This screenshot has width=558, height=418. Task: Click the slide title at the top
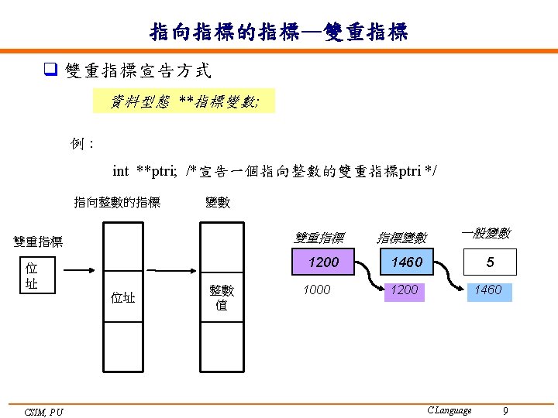pyautogui.click(x=279, y=32)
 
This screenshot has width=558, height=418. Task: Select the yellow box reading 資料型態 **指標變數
pyautogui.click(x=184, y=101)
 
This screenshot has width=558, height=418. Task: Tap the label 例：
pyautogui.click(x=81, y=144)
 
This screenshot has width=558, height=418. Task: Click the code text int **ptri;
pyautogui.click(x=143, y=171)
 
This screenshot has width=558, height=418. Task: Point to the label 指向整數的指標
pyautogui.click(x=117, y=203)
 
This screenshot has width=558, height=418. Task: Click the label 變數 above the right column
pyautogui.click(x=217, y=203)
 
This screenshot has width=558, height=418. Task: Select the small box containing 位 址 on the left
pyautogui.click(x=32, y=276)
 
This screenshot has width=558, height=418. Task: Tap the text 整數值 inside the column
pyautogui.click(x=222, y=296)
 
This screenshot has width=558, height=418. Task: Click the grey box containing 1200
pyautogui.click(x=323, y=262)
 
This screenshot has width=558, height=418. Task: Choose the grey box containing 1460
pyautogui.click(x=407, y=262)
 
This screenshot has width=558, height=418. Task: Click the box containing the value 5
pyautogui.click(x=490, y=262)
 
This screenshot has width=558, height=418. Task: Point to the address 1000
pyautogui.click(x=316, y=290)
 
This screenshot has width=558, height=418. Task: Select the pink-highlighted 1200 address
pyautogui.click(x=404, y=290)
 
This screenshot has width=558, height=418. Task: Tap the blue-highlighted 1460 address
pyautogui.click(x=488, y=290)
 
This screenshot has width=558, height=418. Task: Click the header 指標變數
pyautogui.click(x=401, y=238)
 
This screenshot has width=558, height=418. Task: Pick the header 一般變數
pyautogui.click(x=485, y=233)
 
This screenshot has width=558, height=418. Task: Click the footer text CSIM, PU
pyautogui.click(x=43, y=412)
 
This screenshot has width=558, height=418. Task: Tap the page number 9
pyautogui.click(x=505, y=410)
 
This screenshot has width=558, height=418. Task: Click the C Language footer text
pyautogui.click(x=449, y=410)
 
